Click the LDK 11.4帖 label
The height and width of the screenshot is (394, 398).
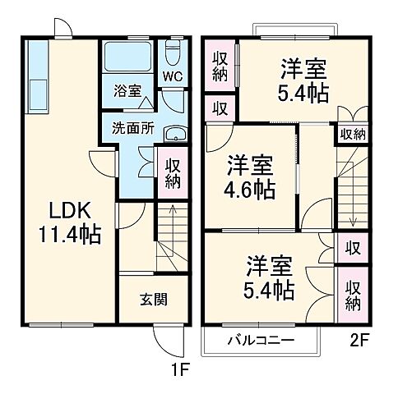pyautogui.click(x=68, y=222)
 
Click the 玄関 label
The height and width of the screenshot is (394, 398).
pyautogui.click(x=154, y=299)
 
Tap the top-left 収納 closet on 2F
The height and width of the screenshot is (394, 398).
pyautogui.click(x=220, y=66)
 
